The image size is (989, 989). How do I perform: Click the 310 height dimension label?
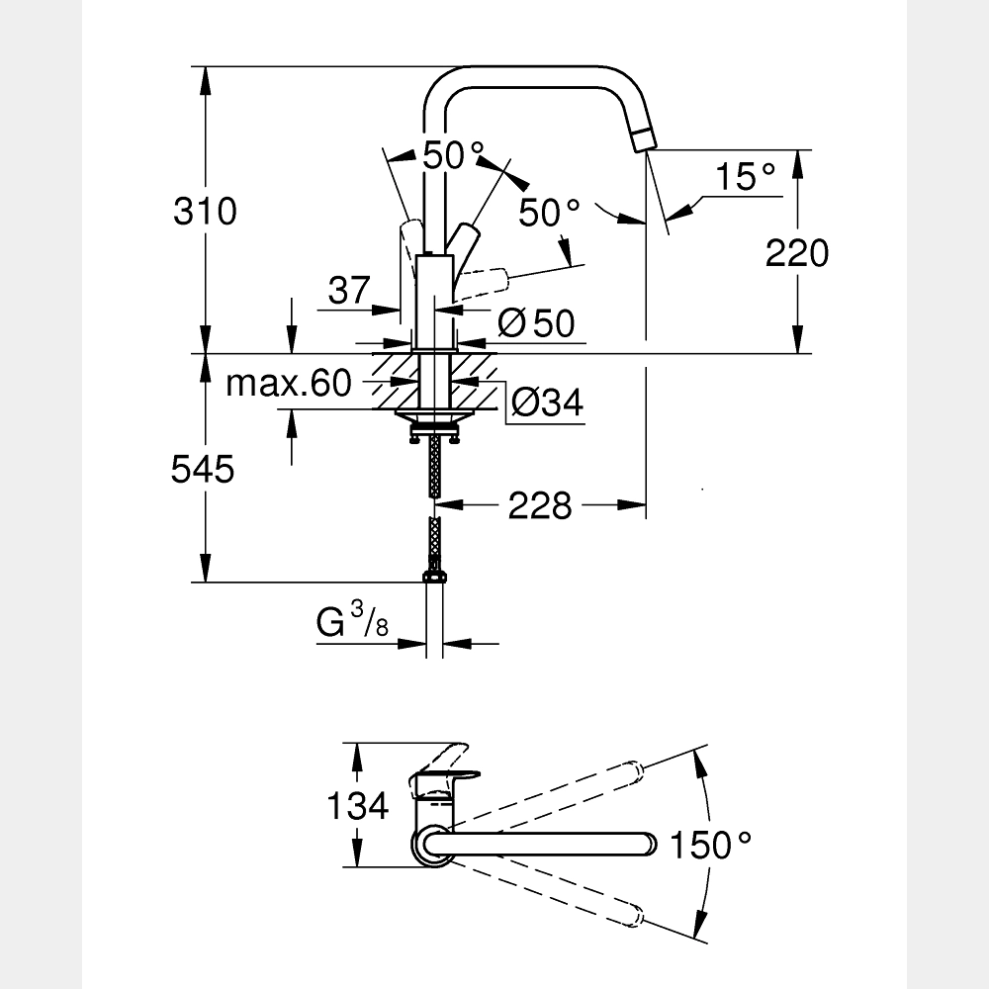[x=205, y=212]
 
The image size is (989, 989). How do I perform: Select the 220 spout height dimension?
[x=797, y=253]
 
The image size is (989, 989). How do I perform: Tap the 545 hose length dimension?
[x=203, y=470]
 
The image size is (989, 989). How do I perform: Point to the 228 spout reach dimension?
[x=540, y=505]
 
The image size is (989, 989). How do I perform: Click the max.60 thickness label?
[x=289, y=383]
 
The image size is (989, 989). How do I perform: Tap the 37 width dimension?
[x=348, y=291]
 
